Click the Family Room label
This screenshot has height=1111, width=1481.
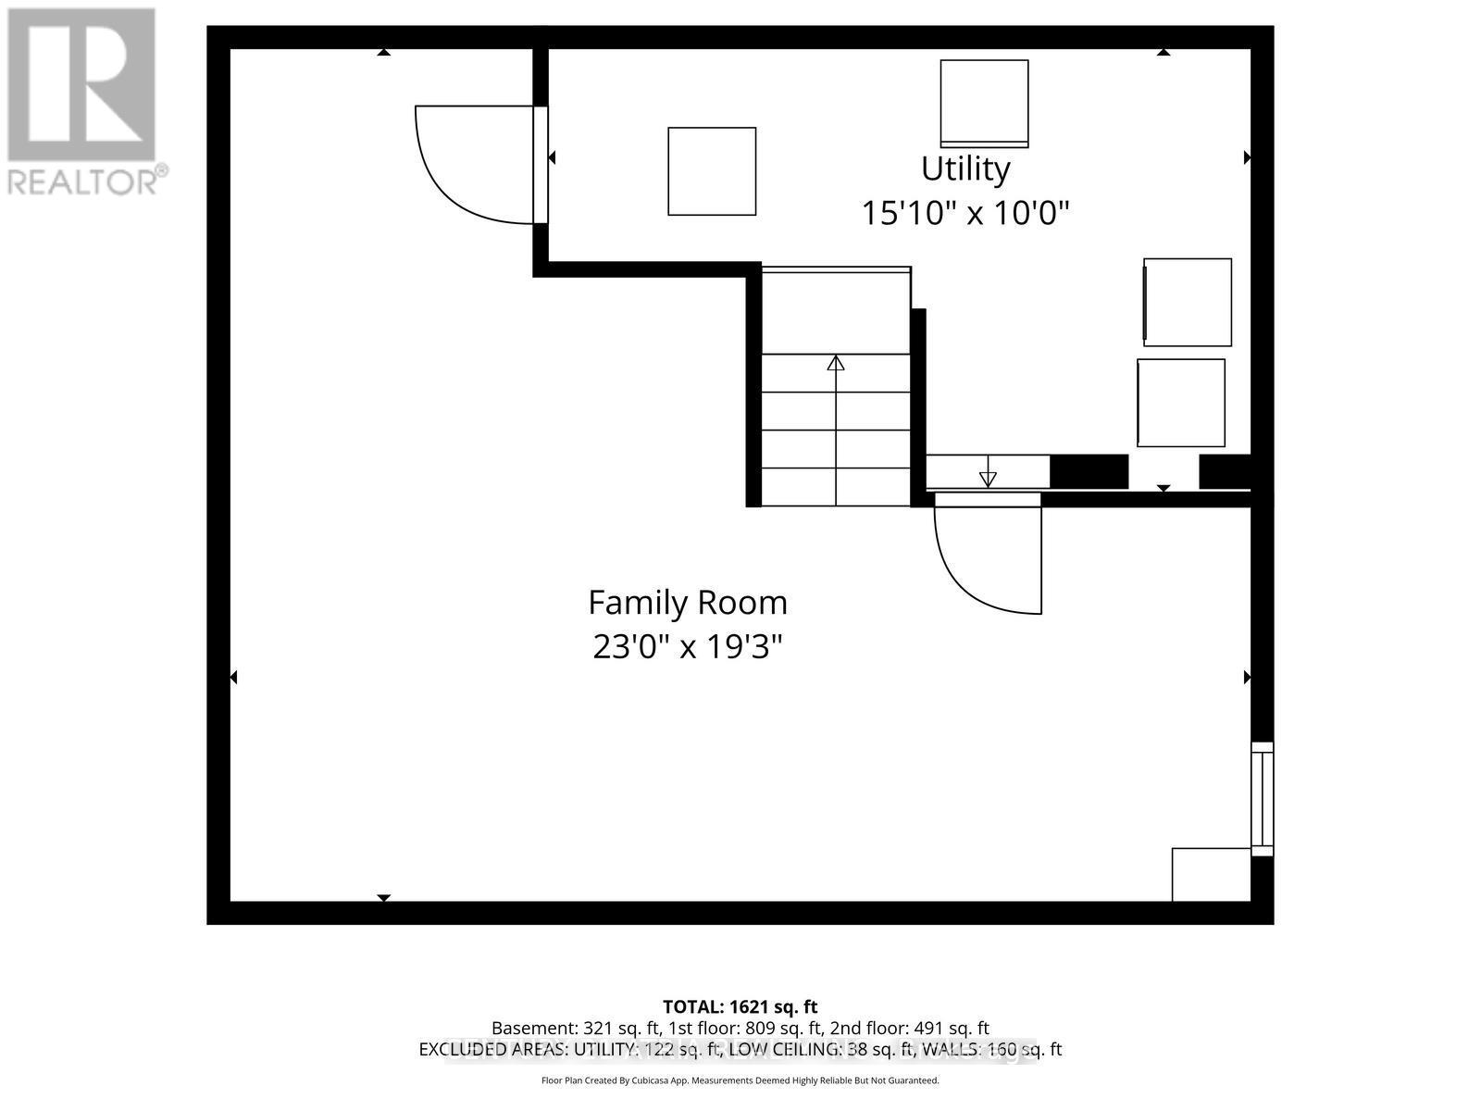[688, 603]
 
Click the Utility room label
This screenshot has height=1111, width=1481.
[965, 169]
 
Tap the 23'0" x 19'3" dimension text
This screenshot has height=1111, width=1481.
[688, 646]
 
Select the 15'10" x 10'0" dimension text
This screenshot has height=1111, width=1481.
[965, 214]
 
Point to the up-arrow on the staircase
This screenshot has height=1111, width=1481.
[836, 363]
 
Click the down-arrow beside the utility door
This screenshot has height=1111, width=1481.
[988, 477]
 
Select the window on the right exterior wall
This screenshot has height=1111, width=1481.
[1263, 798]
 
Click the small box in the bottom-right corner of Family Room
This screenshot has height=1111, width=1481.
[1211, 874]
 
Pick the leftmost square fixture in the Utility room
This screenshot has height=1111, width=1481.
[712, 171]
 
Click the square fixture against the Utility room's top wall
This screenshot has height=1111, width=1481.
[984, 102]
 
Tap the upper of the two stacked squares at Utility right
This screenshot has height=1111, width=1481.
[1188, 302]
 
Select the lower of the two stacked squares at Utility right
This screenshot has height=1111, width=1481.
[1181, 403]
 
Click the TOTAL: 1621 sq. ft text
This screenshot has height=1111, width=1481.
[740, 1006]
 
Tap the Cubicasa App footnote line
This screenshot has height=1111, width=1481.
[740, 1080]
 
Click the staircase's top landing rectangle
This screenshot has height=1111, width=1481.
[836, 310]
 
